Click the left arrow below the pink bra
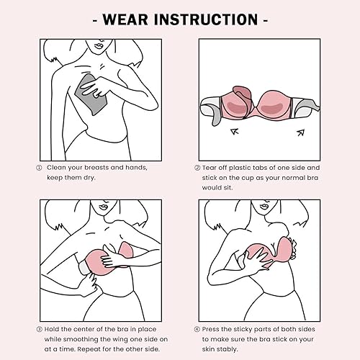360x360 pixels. (x=234, y=132)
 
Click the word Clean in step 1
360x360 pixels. (x=59, y=167)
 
